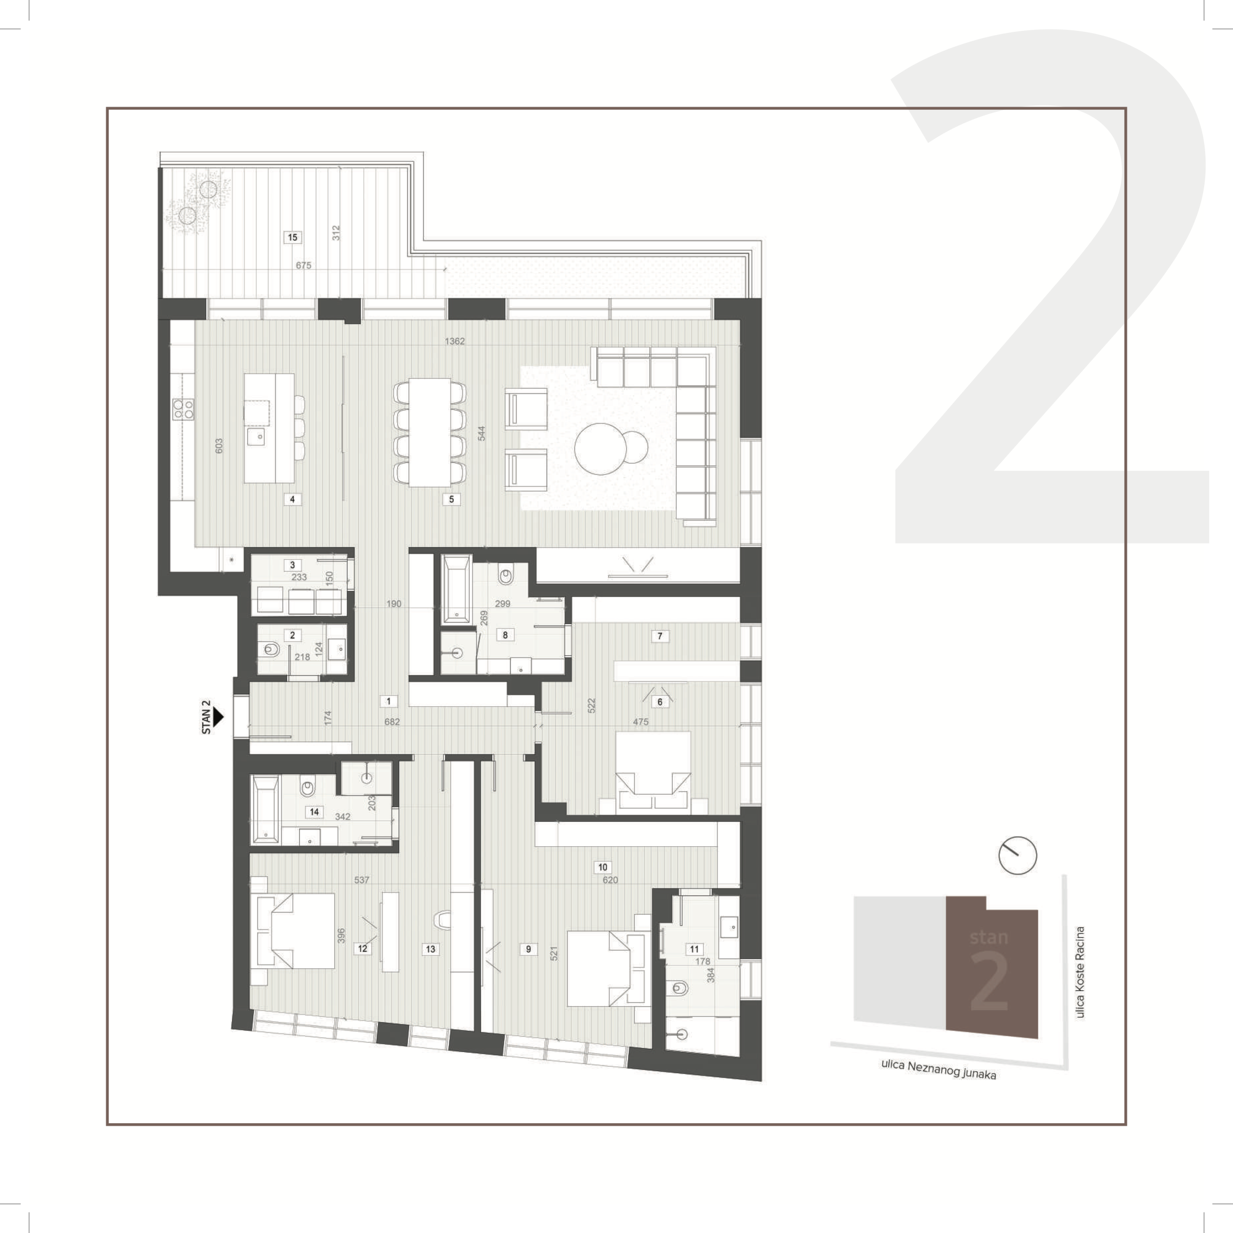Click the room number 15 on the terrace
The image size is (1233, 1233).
[292, 237]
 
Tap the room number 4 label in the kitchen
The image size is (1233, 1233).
[292, 499]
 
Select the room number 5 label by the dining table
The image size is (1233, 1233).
[451, 499]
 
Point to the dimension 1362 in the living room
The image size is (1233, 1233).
[454, 341]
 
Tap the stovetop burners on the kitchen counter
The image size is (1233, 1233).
[183, 408]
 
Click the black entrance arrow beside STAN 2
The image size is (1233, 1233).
[218, 717]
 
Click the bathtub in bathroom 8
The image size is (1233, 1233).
[456, 589]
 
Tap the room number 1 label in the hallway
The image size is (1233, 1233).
[389, 701]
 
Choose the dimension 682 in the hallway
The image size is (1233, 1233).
[392, 722]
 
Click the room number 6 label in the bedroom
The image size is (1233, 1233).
[660, 701]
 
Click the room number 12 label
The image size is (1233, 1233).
[363, 948]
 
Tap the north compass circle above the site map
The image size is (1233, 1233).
[1017, 855]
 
